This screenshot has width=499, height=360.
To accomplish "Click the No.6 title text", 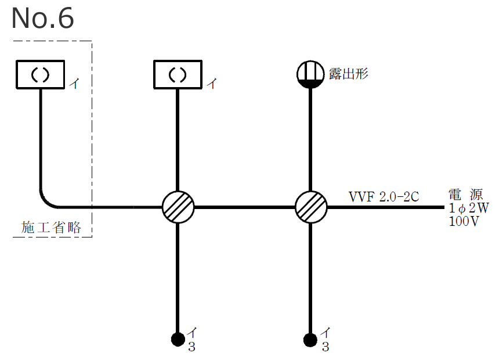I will (42, 19).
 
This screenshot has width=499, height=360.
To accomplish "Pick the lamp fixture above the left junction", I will (178, 75).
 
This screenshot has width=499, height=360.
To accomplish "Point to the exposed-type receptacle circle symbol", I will (310, 74).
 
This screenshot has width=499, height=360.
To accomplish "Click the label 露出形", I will (348, 74).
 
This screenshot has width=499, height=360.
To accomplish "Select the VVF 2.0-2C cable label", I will (384, 196).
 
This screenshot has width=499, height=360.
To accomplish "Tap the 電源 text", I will (465, 194).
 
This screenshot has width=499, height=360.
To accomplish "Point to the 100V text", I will (464, 221).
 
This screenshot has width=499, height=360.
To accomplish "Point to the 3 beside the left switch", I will (192, 348).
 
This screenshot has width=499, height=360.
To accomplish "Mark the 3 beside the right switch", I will (325, 348).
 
